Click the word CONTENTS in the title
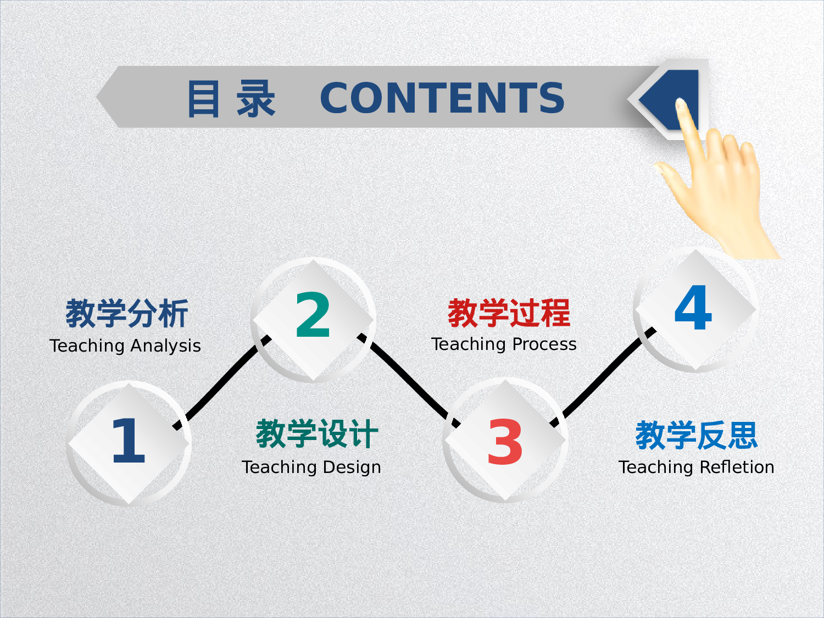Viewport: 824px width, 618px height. point(442,98)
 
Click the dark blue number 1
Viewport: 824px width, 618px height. point(128,441)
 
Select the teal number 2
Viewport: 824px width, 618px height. point(313,316)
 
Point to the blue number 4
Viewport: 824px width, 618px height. point(693,308)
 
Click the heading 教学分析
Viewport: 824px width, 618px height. point(127,314)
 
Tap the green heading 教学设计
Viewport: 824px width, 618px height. point(317,434)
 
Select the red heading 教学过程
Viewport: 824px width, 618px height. point(509,313)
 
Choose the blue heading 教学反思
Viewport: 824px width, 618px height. point(697,436)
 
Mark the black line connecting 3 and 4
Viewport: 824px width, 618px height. point(602,379)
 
